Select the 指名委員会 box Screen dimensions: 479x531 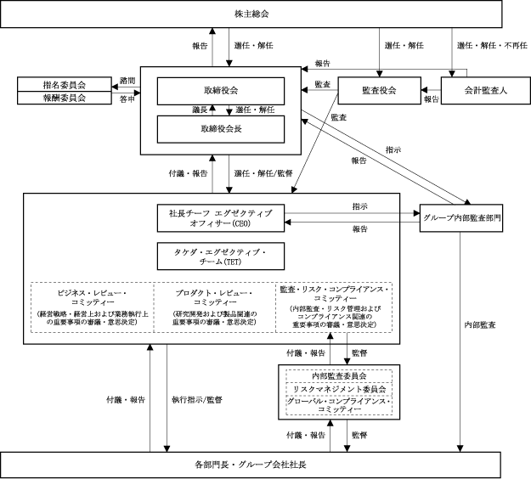(65, 84)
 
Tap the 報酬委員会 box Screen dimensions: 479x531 (65, 98)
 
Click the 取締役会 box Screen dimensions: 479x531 (221, 91)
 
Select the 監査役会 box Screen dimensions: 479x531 (379, 90)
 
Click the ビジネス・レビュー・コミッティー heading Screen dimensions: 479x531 (92, 296)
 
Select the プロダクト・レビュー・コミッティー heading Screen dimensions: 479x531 (213, 296)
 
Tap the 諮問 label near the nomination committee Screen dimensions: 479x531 (127, 81)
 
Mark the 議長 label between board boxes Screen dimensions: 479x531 (201, 110)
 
